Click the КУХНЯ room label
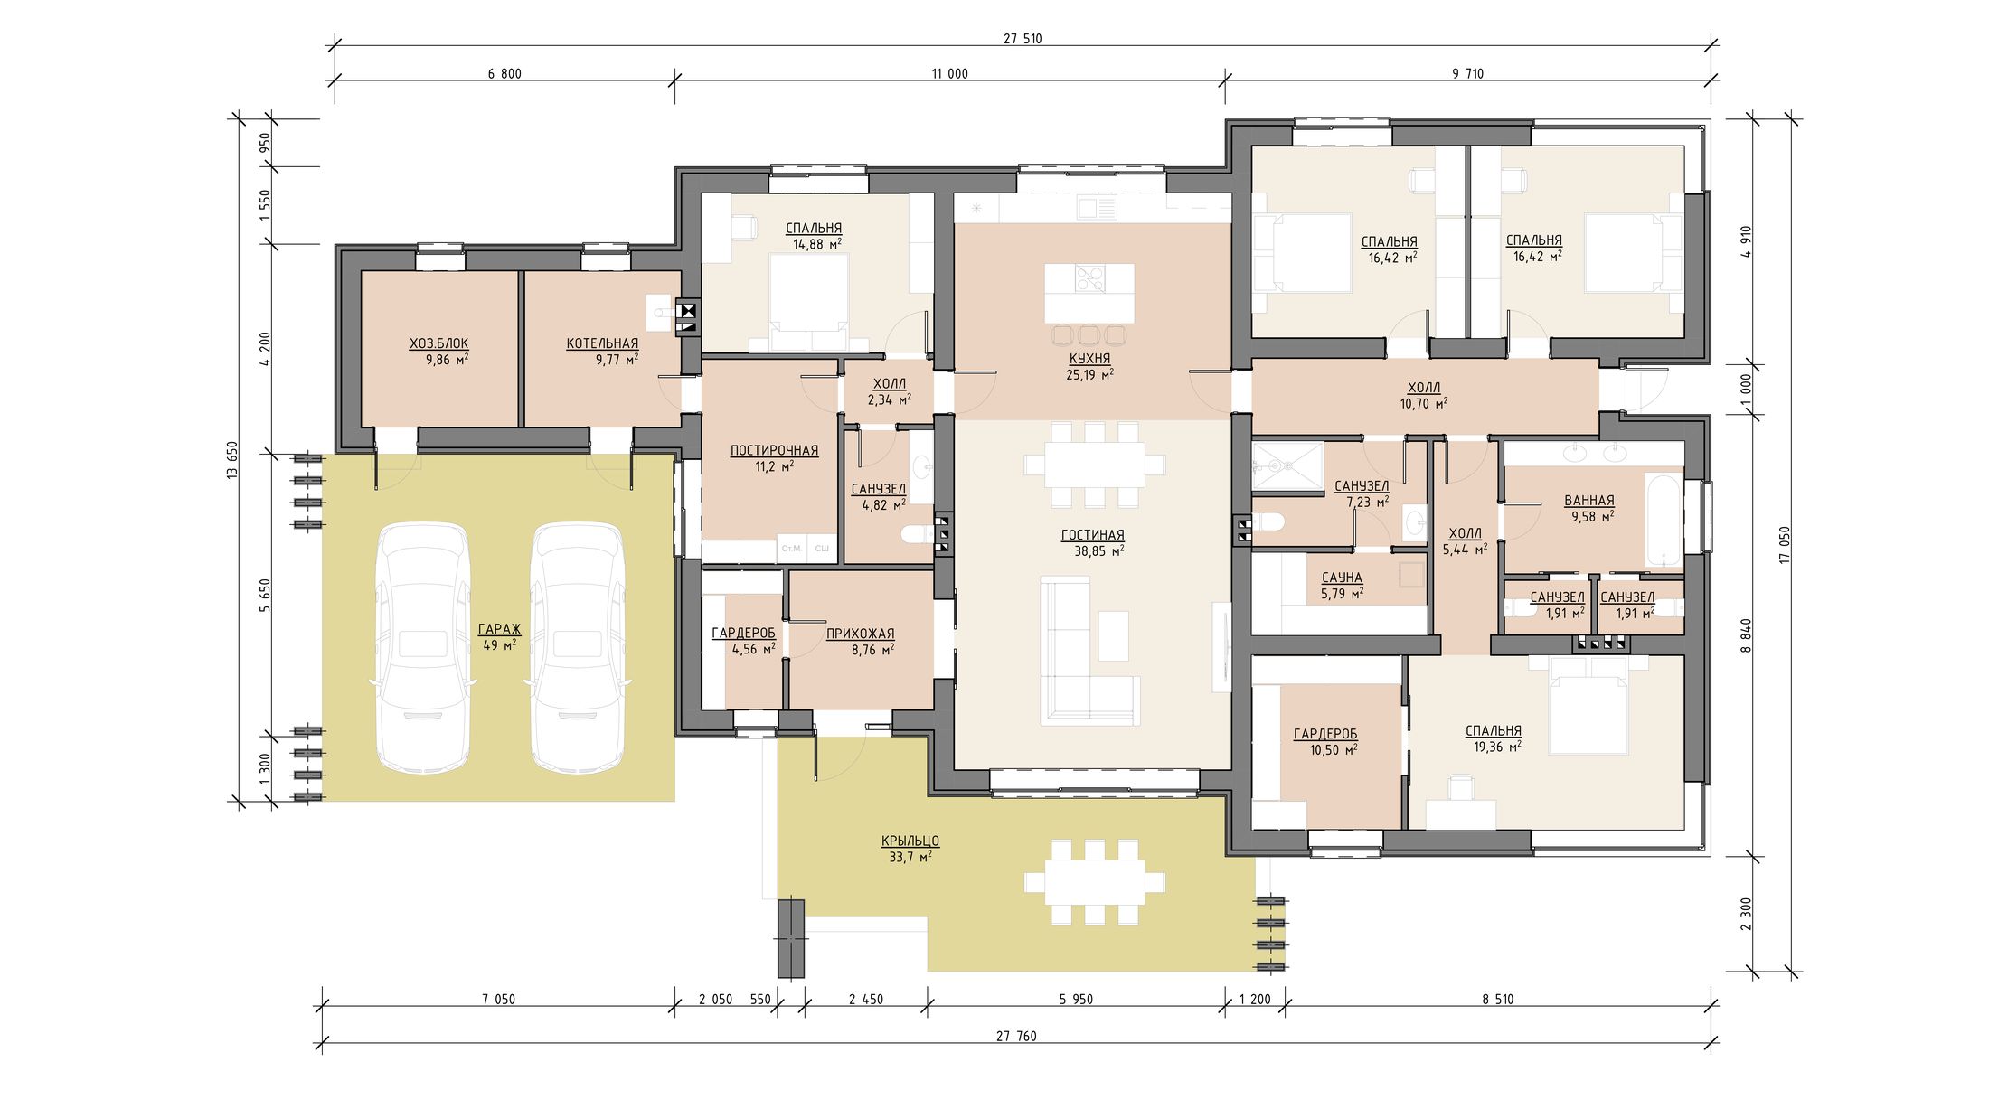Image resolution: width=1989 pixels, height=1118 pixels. click(x=1089, y=359)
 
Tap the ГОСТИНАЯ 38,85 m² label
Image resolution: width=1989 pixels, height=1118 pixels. click(x=1093, y=542)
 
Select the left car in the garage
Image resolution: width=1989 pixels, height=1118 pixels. click(x=422, y=648)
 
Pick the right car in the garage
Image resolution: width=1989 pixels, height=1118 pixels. click(x=577, y=648)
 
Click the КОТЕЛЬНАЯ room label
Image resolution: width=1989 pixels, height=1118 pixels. click(x=602, y=343)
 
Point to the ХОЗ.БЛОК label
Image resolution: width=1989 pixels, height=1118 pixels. click(x=438, y=343)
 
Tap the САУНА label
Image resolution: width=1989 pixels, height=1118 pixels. click(x=1342, y=578)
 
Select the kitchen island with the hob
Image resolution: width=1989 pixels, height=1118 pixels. click(x=1089, y=293)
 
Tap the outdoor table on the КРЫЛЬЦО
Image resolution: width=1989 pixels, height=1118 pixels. click(x=1094, y=882)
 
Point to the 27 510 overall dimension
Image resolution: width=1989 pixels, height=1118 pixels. click(x=1023, y=39)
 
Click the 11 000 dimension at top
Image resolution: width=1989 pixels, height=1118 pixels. click(x=950, y=74)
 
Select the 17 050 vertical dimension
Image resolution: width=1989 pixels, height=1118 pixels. click(x=1784, y=545)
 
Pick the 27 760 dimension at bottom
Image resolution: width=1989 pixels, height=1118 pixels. click(x=1016, y=1036)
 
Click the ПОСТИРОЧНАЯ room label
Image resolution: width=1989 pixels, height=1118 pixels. click(x=774, y=450)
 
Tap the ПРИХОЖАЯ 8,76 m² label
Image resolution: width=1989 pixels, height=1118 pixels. click(x=861, y=642)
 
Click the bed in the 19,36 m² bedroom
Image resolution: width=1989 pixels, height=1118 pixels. click(x=1588, y=706)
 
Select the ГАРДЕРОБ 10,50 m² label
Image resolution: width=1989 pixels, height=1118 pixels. click(x=1325, y=742)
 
